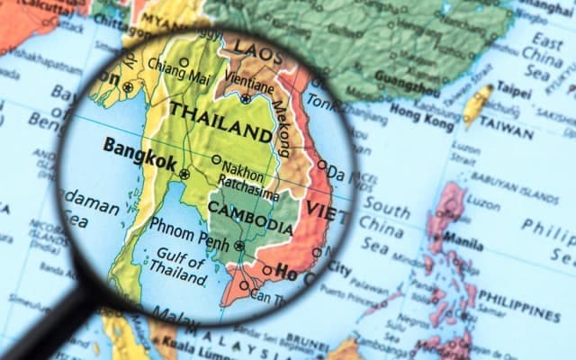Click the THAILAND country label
coord(220,123)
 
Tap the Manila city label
coord(463,243)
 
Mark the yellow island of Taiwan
coord(478,105)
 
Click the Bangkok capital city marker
coord(184,174)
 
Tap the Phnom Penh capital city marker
coord(238,246)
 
